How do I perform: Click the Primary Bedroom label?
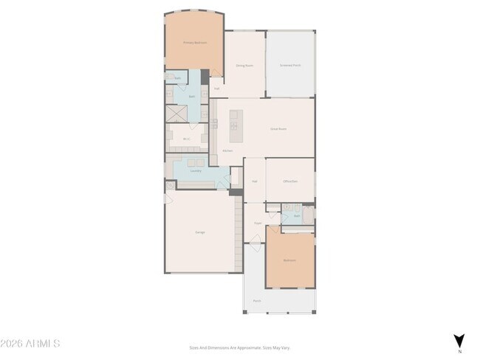point(195,43)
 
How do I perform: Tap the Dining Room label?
point(245,66)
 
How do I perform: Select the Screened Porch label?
point(289,66)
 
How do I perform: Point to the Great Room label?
point(278,129)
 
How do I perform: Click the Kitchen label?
point(227,150)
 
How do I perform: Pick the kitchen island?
point(236,126)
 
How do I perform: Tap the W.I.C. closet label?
point(187,139)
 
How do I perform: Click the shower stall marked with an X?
point(176,114)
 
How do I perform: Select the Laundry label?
point(196,171)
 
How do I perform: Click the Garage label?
point(200,232)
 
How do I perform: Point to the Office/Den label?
point(290,181)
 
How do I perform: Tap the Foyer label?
point(258,222)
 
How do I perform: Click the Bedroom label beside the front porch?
point(289,260)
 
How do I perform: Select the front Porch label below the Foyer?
point(257,301)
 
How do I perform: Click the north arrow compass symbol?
point(459,340)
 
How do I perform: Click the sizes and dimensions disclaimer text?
point(239,347)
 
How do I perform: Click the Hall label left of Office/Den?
point(254,181)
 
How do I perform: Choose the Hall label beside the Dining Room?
point(216,89)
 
